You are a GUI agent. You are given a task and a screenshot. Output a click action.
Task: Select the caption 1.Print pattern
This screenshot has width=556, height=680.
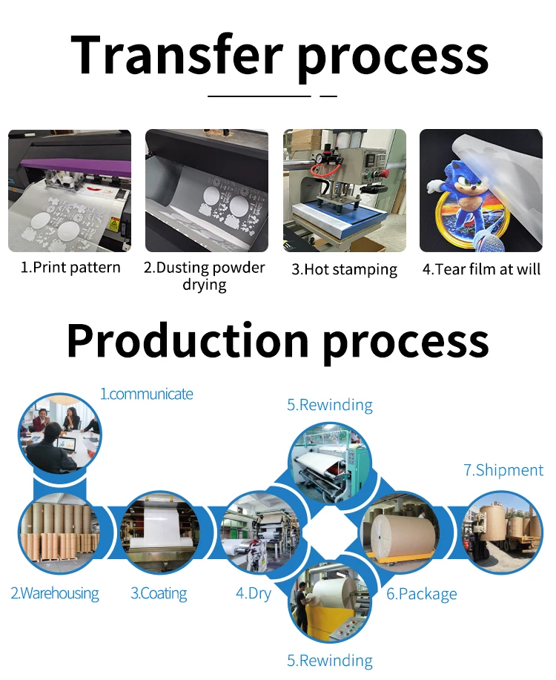[70, 268]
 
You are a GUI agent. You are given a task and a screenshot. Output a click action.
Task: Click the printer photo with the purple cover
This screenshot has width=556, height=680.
[70, 191]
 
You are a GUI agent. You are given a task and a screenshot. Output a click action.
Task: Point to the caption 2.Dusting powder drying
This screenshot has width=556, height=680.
[204, 276]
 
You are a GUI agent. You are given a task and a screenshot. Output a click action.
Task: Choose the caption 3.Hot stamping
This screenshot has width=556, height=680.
[344, 269]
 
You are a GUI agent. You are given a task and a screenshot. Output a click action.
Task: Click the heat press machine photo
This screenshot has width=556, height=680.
[344, 191]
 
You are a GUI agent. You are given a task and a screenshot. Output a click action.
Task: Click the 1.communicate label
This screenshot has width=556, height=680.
[146, 394]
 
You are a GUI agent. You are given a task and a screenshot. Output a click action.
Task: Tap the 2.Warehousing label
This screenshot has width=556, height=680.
[54, 593]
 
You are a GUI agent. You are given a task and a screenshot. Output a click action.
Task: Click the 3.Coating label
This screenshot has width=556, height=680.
[159, 593]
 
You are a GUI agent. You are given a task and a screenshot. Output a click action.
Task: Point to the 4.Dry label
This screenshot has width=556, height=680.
[254, 593]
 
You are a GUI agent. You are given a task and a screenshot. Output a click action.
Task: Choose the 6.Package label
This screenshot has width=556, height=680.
[421, 594]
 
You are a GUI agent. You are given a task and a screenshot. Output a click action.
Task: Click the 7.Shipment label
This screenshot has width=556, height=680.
[503, 470]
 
